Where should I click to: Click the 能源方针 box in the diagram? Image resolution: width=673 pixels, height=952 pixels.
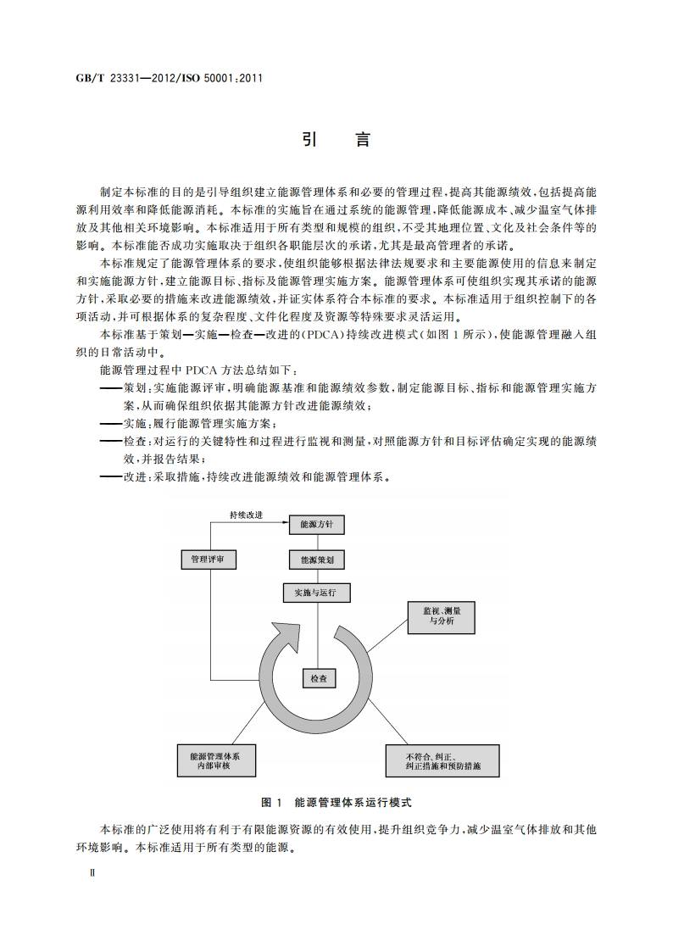pos(317,526)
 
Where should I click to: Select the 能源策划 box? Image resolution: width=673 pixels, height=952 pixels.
pos(317,560)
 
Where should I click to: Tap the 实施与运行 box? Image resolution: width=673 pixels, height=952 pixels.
pos(317,593)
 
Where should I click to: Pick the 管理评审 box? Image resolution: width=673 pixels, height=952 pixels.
pos(209,560)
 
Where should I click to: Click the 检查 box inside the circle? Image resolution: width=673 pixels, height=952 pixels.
pos(318,678)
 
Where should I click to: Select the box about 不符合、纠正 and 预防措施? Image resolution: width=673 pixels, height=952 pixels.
pos(443,760)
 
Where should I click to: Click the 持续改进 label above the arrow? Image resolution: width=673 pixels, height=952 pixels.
pos(246,515)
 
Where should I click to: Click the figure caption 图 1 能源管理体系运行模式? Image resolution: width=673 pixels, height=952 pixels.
pos(337,801)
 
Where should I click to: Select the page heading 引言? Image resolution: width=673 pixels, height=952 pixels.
pos(336,141)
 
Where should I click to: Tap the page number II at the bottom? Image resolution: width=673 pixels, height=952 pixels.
pos(81,872)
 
